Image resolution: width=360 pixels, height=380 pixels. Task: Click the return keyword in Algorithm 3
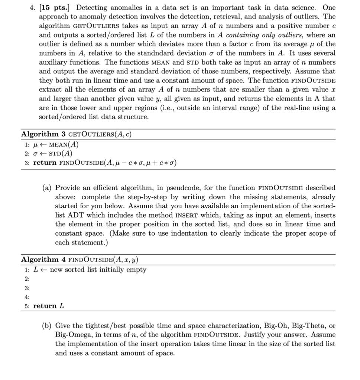click(45, 163)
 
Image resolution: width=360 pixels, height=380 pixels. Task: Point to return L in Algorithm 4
click(49, 306)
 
